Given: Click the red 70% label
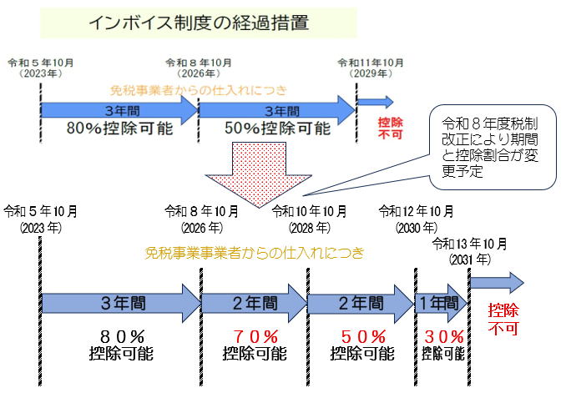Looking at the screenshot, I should (x=255, y=337).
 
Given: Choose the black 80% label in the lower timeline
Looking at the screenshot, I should (x=120, y=337).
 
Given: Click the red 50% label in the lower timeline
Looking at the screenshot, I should (x=362, y=337).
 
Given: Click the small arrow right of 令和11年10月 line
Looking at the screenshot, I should (x=376, y=102).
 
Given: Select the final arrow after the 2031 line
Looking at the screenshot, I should (x=496, y=281).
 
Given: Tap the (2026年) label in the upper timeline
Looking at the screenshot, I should (x=198, y=73).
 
